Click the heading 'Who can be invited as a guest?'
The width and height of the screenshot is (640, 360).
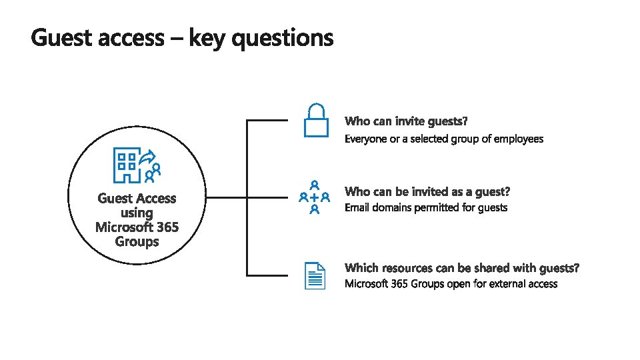pos(427,192)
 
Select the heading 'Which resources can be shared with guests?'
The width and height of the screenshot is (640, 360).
pos(462,268)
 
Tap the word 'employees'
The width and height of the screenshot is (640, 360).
pos(519,139)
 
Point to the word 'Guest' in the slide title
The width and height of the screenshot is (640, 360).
pos(62,38)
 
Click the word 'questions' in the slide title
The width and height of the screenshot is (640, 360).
pos(284,39)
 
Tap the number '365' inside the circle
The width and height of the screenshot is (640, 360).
pos(163,227)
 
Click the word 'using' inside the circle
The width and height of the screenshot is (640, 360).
pos(137,213)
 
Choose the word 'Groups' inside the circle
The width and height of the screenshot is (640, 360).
pos(137,241)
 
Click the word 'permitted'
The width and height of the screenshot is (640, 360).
pos(437,208)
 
